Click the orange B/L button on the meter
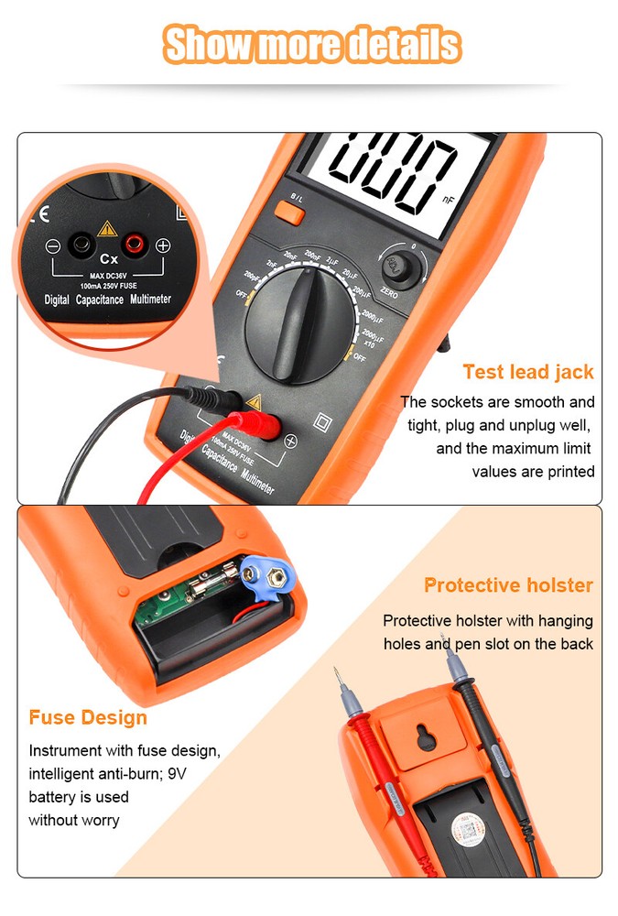(289, 212)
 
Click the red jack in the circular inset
(134, 245)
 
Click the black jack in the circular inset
(82, 245)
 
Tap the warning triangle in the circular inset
(107, 228)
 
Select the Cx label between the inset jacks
(108, 259)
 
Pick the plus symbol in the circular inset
(163, 245)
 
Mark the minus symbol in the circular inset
(53, 246)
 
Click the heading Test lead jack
(527, 372)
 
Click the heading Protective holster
(508, 585)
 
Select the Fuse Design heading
(88, 716)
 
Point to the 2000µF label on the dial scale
(372, 316)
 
